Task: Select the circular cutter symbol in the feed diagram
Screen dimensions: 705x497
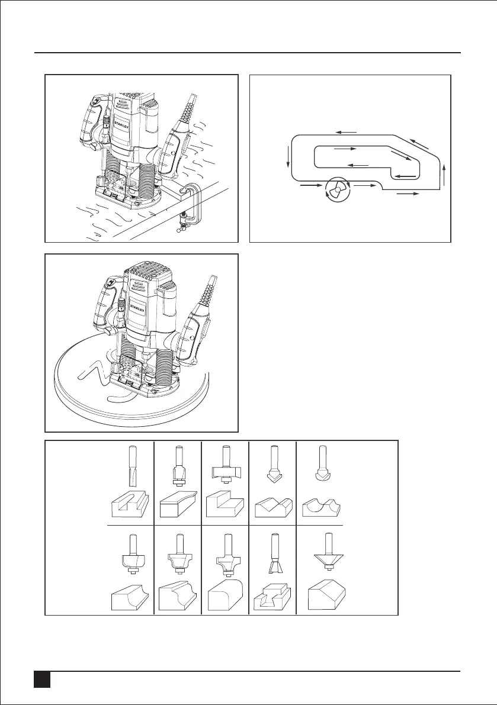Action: [x=337, y=191]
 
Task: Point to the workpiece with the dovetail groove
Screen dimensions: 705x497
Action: [x=270, y=598]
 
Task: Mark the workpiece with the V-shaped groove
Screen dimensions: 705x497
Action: [x=273, y=508]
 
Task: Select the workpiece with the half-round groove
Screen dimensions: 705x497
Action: [x=322, y=508]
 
